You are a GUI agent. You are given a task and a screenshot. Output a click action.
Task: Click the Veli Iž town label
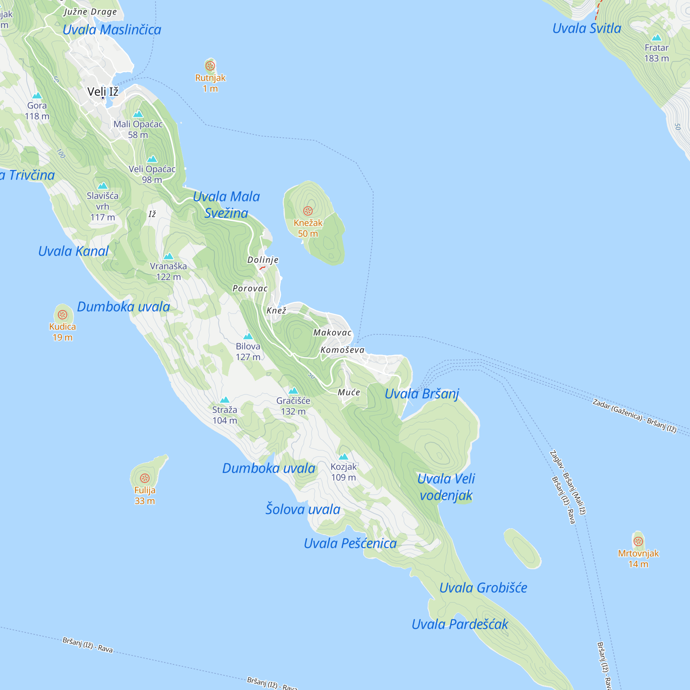point(103,92)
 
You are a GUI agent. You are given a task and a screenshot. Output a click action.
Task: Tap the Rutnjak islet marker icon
point(210,66)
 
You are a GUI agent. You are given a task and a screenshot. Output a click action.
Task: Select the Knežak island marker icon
point(308,211)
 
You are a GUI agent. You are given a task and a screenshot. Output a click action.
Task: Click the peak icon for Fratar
point(657,38)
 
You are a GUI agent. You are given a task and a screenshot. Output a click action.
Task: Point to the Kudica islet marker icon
point(62,315)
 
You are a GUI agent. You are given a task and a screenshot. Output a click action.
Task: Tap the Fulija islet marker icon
point(145,478)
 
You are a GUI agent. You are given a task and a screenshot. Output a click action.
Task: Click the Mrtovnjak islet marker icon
point(638,541)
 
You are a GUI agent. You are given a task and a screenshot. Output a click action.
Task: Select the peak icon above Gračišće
point(293,390)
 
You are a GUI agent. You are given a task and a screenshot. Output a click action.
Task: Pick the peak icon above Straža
point(225,400)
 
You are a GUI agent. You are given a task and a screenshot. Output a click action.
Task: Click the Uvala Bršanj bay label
point(422,394)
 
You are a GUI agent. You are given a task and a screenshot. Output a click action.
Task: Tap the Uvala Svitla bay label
point(587,29)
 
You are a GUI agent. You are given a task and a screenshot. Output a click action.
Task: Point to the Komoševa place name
point(343,350)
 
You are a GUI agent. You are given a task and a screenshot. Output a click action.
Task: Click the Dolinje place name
point(263,260)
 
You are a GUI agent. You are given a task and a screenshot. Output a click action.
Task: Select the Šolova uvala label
point(303,509)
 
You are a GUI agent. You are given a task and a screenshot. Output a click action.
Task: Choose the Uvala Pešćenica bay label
point(350,543)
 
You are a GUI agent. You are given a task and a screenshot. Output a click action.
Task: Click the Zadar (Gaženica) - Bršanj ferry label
point(634,416)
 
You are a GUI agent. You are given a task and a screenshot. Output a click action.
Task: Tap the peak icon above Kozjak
point(344,456)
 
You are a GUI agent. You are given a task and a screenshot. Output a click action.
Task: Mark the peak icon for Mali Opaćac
point(138,114)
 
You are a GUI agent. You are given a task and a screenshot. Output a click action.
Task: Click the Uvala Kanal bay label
point(73,251)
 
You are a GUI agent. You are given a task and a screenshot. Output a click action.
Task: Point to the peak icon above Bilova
point(248,336)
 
